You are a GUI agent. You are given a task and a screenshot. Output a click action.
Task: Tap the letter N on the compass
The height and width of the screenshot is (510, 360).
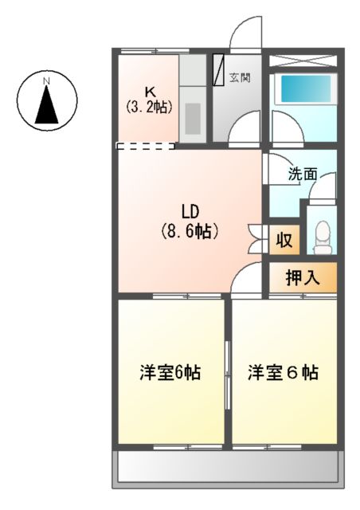47,81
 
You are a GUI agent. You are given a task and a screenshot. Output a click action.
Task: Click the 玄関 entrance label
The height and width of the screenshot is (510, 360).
241,78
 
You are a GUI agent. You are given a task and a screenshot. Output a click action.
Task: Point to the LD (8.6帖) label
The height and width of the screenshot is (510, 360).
189,222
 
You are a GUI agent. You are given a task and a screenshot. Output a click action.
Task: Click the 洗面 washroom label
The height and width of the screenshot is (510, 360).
303,173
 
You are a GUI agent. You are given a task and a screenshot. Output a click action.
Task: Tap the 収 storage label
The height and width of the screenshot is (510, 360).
283,240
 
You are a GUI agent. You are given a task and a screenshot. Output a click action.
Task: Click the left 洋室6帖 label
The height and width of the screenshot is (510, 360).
170,372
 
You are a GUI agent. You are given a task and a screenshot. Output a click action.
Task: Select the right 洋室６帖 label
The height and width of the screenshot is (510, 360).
284,372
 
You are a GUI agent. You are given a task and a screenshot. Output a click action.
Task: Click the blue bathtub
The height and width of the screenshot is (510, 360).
303,89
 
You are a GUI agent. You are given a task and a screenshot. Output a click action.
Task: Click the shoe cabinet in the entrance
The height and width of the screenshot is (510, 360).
219,70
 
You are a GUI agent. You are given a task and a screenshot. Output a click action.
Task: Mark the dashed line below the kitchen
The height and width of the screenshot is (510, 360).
146,146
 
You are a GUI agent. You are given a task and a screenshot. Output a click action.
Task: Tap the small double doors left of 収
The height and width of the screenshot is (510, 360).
256,239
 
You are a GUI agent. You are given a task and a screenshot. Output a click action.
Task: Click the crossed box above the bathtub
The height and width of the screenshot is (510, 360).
303,61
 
